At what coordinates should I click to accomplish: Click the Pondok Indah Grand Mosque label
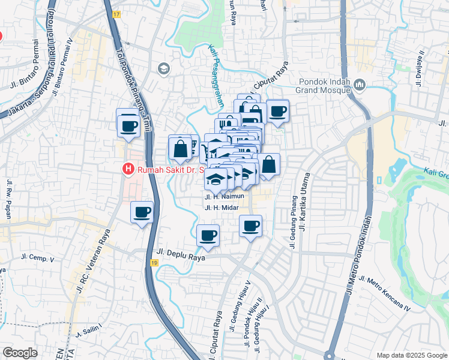(324, 85)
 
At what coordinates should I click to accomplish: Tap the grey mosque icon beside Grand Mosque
(360, 85)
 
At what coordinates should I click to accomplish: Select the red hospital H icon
(128, 170)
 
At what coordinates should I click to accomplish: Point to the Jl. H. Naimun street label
(224, 196)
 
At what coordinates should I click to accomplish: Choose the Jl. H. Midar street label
(222, 208)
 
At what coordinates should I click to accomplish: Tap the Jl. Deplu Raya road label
(181, 257)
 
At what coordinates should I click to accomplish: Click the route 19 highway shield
(155, 263)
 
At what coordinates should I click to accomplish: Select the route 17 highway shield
(116, 13)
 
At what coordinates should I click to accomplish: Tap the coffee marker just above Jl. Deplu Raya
(208, 235)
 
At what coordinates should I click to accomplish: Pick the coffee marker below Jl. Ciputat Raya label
(278, 110)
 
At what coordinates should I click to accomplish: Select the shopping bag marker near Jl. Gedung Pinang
(269, 163)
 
